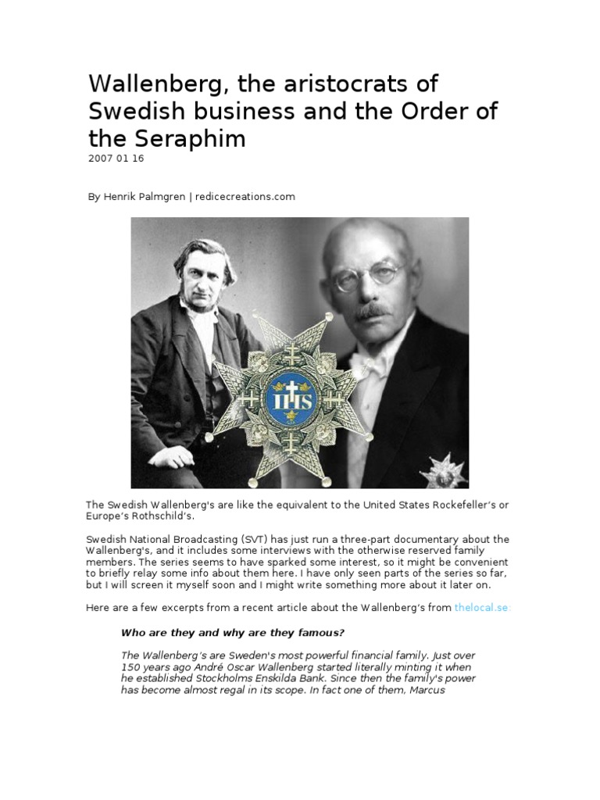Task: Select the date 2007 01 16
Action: point(116,159)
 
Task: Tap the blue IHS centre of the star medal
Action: point(289,400)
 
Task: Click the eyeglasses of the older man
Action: point(367,275)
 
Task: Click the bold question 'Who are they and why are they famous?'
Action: point(231,632)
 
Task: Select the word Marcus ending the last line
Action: point(425,690)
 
